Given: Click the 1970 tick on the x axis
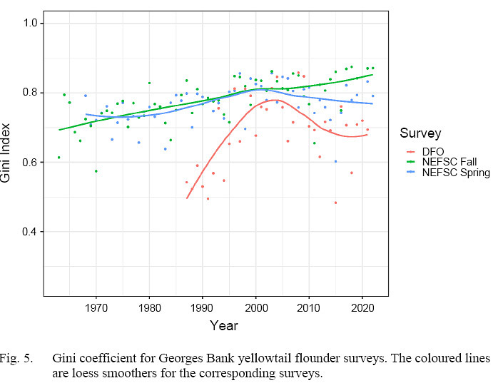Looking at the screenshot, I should click(x=96, y=308).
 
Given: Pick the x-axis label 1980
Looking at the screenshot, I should click(x=149, y=308).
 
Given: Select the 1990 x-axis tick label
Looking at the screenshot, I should click(x=203, y=308).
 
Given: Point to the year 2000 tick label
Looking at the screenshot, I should click(x=255, y=308).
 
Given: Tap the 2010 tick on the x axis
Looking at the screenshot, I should click(x=309, y=308).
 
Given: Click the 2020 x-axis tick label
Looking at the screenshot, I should click(x=362, y=308).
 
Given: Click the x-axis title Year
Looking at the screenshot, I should click(x=224, y=326).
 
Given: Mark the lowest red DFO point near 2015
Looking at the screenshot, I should click(x=335, y=203).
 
